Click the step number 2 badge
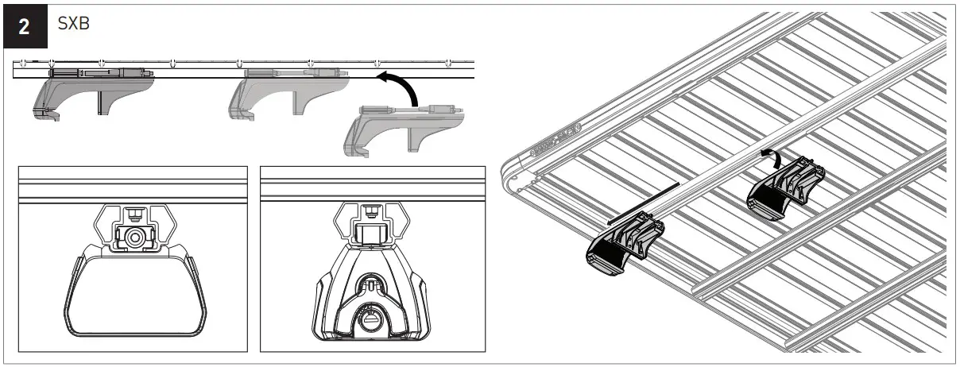25,26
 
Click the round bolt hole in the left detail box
134,237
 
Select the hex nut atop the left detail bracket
133,212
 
